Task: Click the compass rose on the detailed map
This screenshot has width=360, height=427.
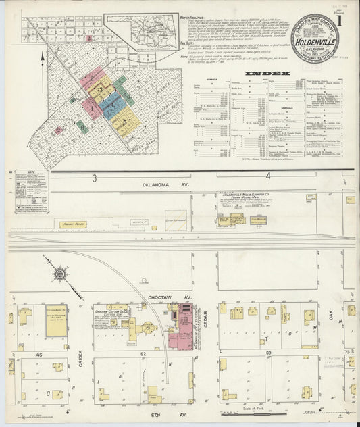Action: pyautogui.click(x=59, y=274)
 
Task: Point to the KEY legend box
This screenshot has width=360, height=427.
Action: pyautogui.click(x=31, y=191)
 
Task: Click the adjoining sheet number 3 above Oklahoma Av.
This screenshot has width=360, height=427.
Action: pyautogui.click(x=95, y=178)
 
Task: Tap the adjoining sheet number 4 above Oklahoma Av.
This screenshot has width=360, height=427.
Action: pyautogui.click(x=267, y=177)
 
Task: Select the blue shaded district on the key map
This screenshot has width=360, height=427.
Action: pyautogui.click(x=110, y=105)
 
